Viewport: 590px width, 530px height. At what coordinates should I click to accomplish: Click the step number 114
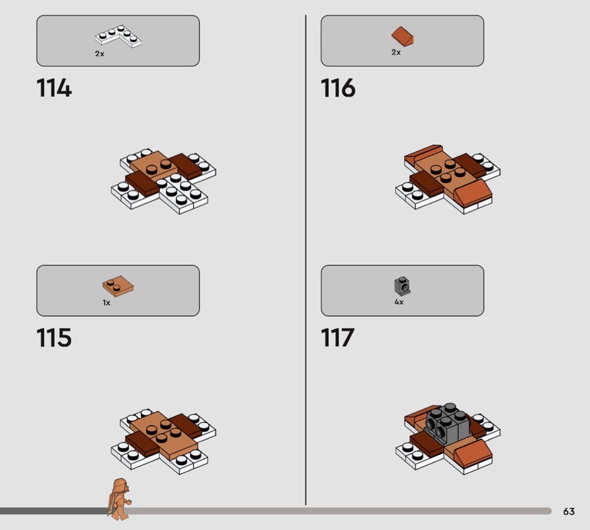tap(54, 88)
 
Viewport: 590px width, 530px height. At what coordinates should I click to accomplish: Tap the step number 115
tap(54, 337)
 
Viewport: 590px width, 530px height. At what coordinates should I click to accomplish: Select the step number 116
tap(338, 88)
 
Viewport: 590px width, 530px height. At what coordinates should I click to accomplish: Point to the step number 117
tap(338, 337)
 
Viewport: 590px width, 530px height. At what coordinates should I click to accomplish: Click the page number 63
tap(569, 511)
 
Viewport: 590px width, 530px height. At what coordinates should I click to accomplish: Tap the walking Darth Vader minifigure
tap(119, 499)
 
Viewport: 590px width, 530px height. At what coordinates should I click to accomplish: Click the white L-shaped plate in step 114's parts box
tap(118, 36)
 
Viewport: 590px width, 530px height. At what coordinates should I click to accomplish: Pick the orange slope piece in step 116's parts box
tap(402, 35)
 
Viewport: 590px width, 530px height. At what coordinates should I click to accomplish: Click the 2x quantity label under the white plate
tap(100, 54)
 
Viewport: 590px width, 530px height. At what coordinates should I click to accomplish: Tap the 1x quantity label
tap(106, 303)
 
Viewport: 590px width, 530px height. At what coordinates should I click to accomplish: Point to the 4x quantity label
tap(399, 302)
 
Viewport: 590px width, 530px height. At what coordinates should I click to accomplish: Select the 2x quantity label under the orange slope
tap(396, 52)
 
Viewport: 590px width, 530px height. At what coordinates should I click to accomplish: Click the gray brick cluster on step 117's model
tap(446, 423)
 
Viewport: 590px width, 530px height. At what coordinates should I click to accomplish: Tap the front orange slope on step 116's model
tap(473, 193)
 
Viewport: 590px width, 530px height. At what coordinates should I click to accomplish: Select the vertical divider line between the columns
tap(305, 260)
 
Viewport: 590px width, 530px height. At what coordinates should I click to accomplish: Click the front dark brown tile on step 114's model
tap(142, 184)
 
